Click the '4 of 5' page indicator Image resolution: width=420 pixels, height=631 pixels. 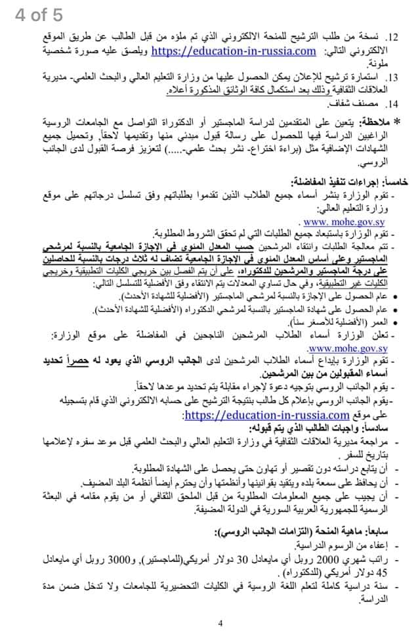point(40,14)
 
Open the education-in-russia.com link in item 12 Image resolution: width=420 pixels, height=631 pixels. point(234,50)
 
